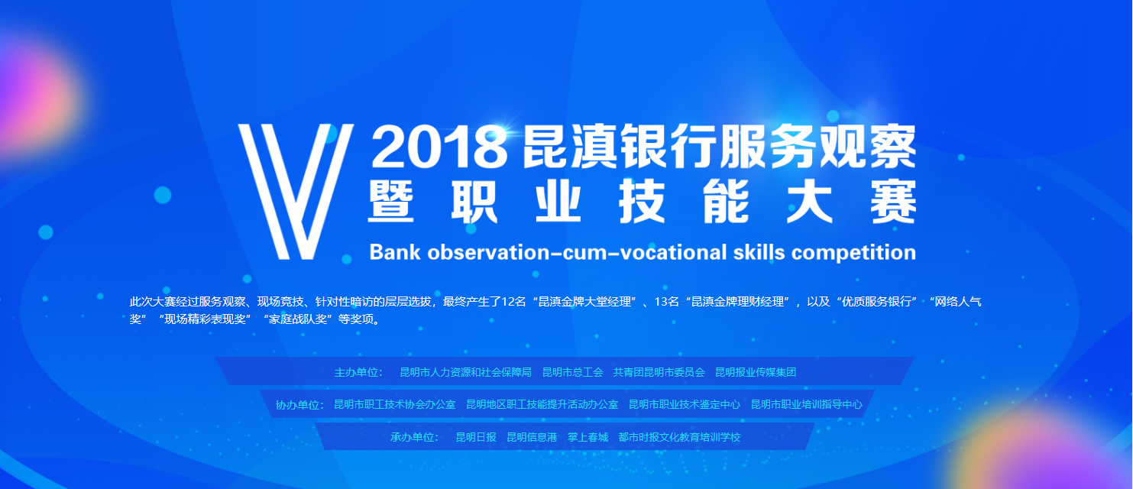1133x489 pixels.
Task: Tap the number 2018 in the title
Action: pos(439,147)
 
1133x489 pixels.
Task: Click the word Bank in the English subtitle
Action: pos(394,252)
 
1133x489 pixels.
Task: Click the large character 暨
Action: pos(390,201)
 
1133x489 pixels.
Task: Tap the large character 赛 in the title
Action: pos(893,201)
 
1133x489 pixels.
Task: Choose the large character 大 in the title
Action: pos(809,201)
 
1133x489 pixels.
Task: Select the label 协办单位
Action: pos(299,405)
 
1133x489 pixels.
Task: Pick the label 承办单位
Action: pos(414,437)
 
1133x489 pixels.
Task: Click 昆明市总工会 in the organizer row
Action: pos(572,373)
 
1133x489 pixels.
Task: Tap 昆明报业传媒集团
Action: pos(756,373)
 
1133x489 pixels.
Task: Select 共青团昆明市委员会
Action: pos(659,373)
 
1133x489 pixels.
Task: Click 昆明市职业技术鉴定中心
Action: pos(685,404)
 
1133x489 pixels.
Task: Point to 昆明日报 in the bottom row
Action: pos(476,437)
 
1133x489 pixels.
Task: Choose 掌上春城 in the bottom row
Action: pos(588,437)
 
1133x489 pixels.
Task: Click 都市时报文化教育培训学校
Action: pos(679,437)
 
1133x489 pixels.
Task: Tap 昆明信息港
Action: pos(532,437)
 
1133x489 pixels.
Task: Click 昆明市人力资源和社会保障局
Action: pos(466,373)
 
